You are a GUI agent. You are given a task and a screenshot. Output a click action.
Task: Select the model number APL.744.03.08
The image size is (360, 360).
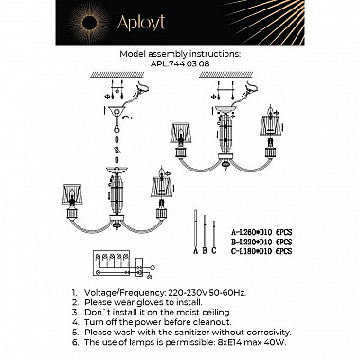click(179, 63)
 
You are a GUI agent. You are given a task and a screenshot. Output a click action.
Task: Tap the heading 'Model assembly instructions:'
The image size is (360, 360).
click(179, 55)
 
